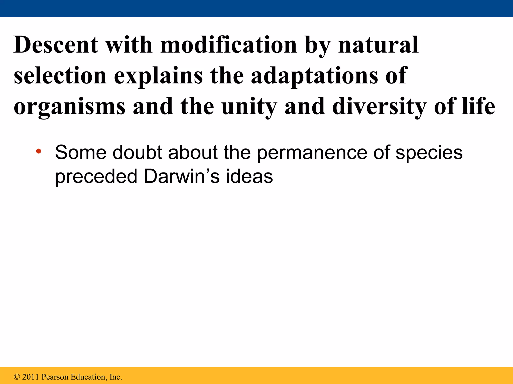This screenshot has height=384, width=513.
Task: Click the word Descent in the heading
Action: click(56, 45)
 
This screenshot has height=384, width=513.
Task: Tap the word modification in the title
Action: click(228, 45)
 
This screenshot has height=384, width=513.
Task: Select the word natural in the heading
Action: click(378, 45)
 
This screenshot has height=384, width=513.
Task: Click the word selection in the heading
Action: click(60, 76)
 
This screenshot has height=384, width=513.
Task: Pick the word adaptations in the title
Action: click(314, 76)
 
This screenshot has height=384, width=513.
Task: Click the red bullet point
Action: click(38, 151)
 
